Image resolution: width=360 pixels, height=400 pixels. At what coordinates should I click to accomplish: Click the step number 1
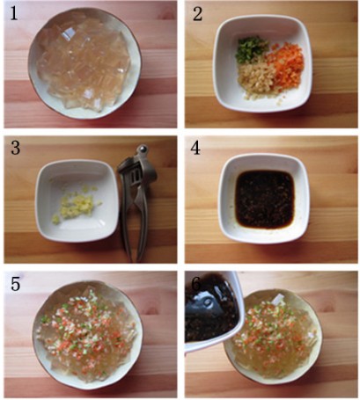(x=14, y=13)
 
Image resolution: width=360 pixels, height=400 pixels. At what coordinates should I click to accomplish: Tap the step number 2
(x=197, y=14)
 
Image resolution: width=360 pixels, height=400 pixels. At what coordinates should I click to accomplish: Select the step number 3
(x=15, y=148)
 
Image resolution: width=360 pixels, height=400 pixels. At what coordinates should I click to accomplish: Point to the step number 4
(x=195, y=148)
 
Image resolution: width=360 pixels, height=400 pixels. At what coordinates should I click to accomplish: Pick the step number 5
(x=15, y=283)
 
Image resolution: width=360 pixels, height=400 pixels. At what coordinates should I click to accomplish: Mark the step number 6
(x=196, y=283)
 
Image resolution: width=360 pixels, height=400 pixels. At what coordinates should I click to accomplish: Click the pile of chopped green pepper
(x=251, y=49)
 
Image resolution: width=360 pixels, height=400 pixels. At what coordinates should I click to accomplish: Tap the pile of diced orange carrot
(x=287, y=63)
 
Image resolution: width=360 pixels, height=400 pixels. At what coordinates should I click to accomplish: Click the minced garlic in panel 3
(x=76, y=204)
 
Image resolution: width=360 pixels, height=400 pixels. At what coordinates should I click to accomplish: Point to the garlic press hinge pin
(x=143, y=149)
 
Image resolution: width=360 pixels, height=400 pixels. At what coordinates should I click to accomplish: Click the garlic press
(x=136, y=202)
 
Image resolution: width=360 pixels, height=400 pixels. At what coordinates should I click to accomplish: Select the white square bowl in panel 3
(x=77, y=201)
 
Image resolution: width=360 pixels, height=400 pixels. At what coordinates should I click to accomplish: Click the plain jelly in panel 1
(x=84, y=62)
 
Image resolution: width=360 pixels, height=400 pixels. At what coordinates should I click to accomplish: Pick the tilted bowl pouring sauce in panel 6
(x=212, y=311)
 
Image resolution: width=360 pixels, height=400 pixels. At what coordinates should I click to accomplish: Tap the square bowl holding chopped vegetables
(x=262, y=64)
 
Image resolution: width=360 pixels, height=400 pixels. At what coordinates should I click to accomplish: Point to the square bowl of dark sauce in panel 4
(x=265, y=199)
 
